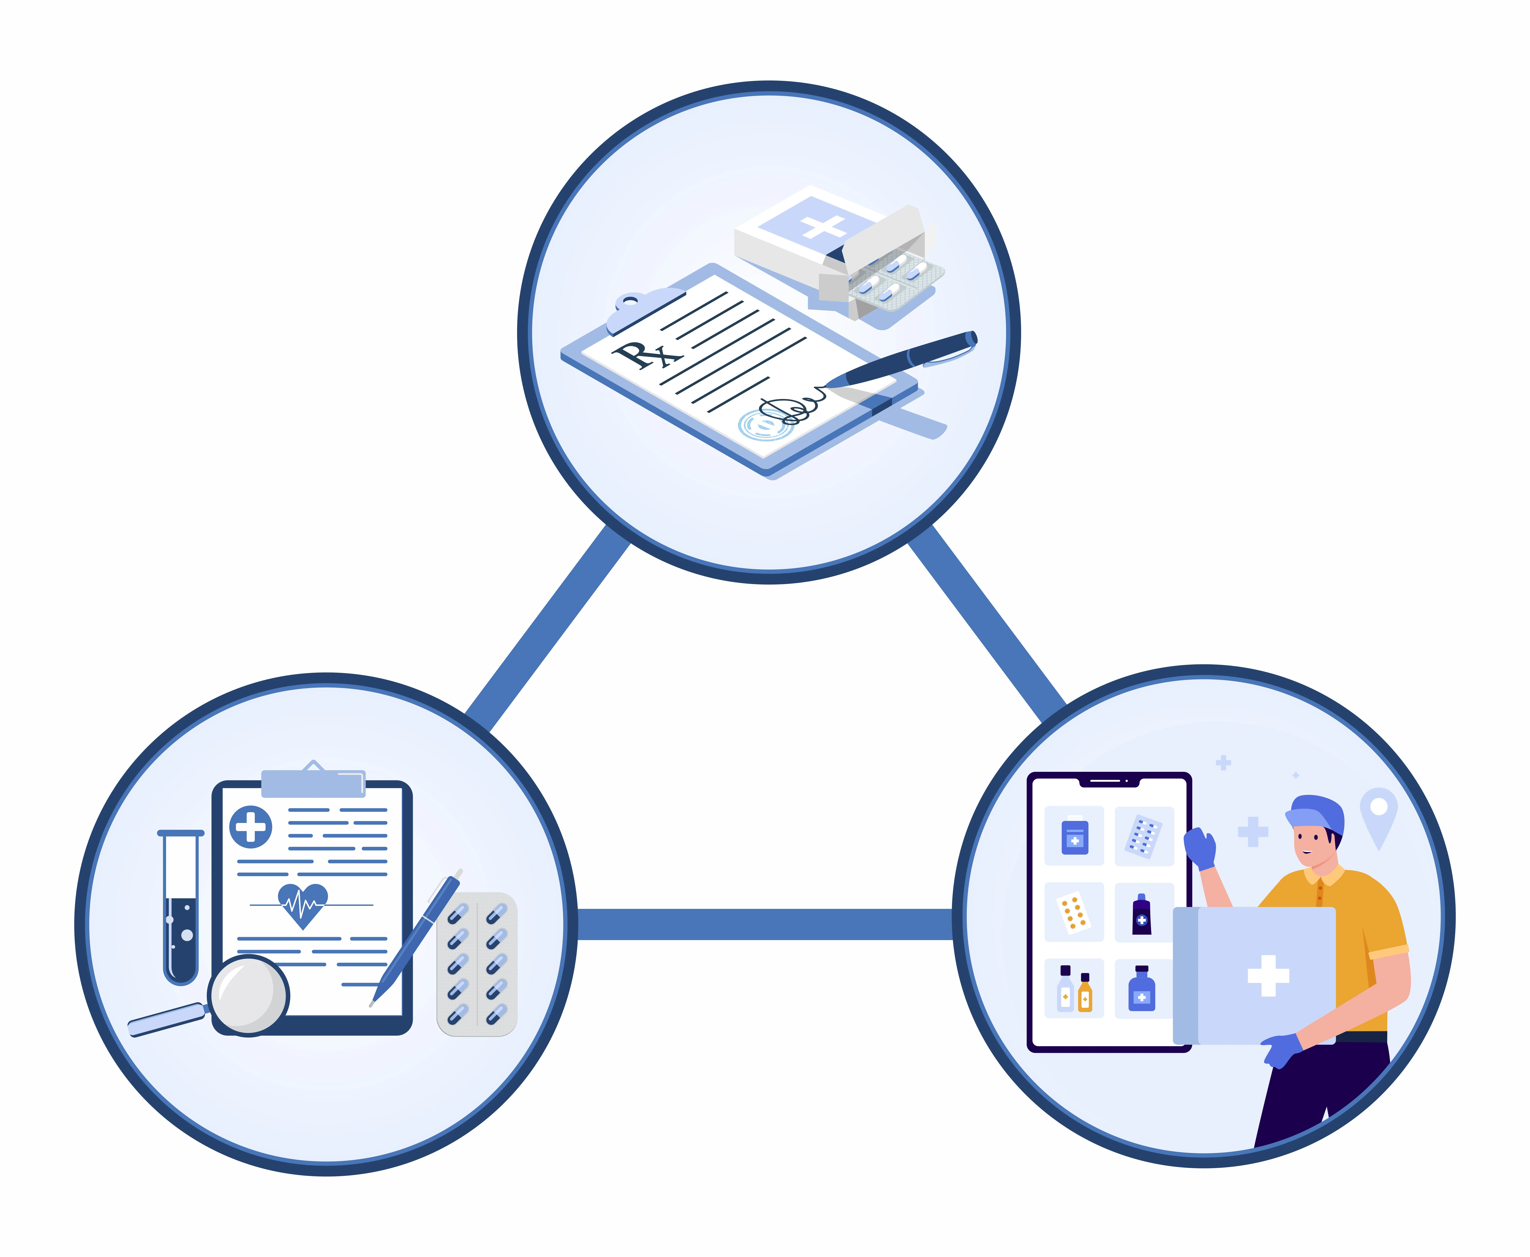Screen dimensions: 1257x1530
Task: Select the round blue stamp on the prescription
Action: pyautogui.click(x=764, y=424)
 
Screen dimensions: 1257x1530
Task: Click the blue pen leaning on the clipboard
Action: pyautogui.click(x=416, y=938)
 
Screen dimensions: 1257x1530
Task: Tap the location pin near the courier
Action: pyautogui.click(x=1378, y=815)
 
